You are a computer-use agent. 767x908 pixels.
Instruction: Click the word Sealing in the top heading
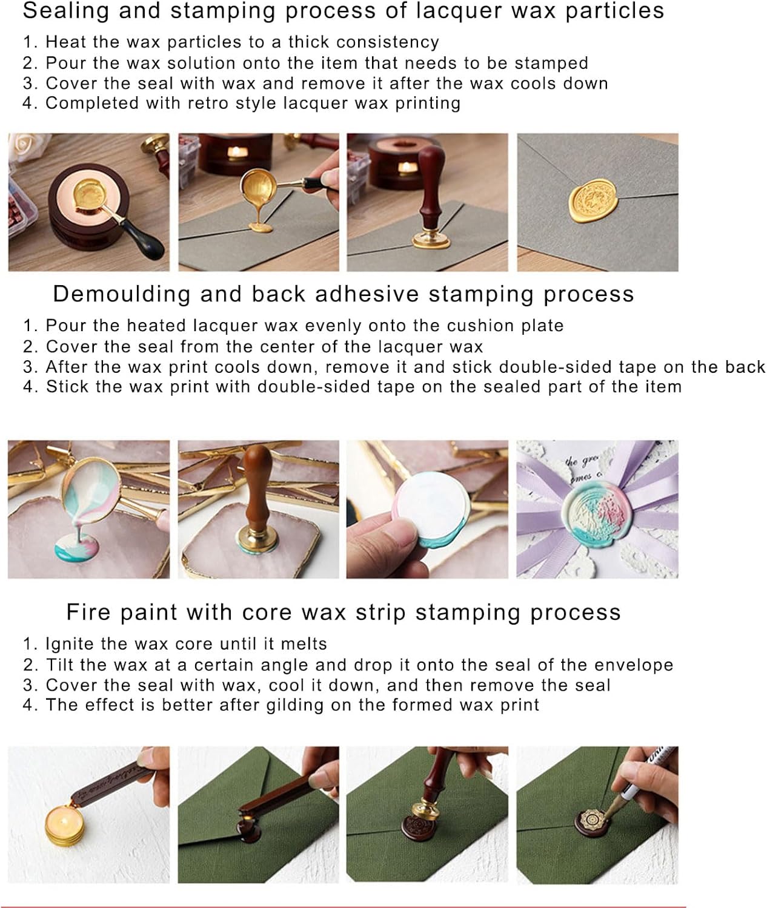pyautogui.click(x=65, y=12)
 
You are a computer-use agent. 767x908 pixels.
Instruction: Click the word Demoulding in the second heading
pyautogui.click(x=121, y=294)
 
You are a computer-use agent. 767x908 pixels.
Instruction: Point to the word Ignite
pyautogui.click(x=69, y=645)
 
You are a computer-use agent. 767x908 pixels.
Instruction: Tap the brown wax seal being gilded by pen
pyautogui.click(x=593, y=822)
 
